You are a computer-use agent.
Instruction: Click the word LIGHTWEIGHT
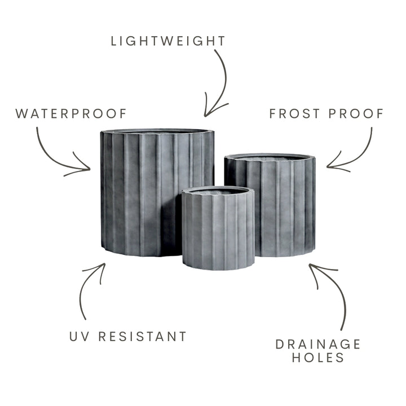(168, 41)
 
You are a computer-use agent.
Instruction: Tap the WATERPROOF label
(71, 113)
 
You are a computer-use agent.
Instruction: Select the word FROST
(295, 113)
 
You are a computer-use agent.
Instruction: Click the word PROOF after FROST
(356, 113)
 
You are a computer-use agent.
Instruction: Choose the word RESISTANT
(143, 336)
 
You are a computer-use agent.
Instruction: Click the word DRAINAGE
(318, 344)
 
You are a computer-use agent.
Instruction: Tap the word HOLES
(318, 358)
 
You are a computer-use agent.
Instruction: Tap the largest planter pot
(145, 192)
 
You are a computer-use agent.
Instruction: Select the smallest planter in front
(218, 228)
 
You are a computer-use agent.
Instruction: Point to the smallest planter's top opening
(218, 191)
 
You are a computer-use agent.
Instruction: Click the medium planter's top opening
(270, 157)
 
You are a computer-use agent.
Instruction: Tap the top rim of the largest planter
(157, 131)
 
